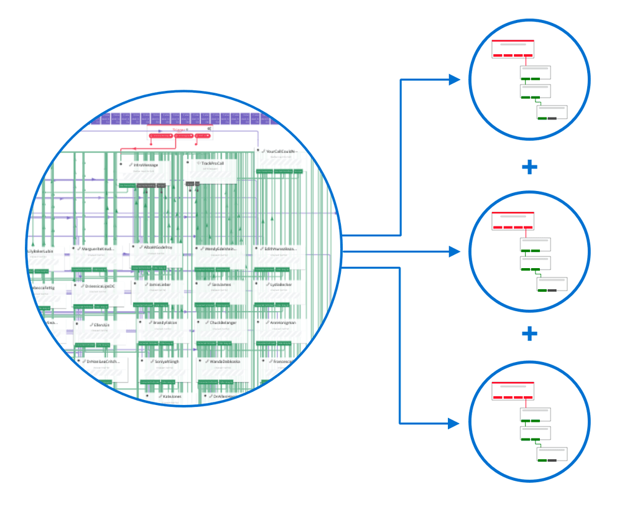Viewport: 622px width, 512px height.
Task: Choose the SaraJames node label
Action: (221, 284)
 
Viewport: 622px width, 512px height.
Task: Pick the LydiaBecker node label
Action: (281, 284)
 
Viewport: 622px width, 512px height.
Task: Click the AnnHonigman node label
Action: (283, 323)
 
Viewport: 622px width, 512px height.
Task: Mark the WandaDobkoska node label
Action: (225, 361)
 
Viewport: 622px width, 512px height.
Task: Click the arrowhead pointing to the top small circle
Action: (455, 80)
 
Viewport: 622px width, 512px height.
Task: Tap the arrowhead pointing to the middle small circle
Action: (455, 251)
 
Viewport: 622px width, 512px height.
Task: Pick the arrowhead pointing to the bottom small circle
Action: (455, 424)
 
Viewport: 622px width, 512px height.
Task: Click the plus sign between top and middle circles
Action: (529, 167)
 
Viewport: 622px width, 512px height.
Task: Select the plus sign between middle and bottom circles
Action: (529, 334)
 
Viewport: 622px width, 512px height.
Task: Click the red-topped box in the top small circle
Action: (513, 48)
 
